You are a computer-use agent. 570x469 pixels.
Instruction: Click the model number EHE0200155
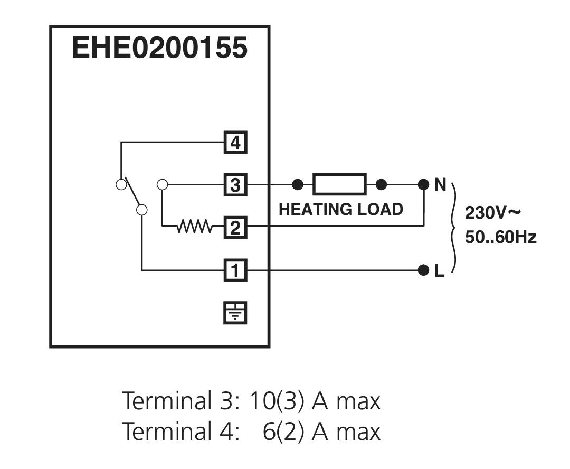pyautogui.click(x=159, y=48)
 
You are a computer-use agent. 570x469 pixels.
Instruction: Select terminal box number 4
pyautogui.click(x=235, y=142)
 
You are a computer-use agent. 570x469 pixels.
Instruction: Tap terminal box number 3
pyautogui.click(x=235, y=185)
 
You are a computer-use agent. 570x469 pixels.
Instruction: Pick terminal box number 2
pyautogui.click(x=235, y=228)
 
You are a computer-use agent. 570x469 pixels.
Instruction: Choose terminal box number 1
pyautogui.click(x=235, y=270)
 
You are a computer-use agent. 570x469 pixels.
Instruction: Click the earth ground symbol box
pyautogui.click(x=235, y=313)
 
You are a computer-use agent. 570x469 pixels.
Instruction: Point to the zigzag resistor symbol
pyautogui.click(x=194, y=226)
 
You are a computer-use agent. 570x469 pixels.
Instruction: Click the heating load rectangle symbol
pyautogui.click(x=339, y=184)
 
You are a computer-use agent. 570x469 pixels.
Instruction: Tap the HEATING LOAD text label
pyautogui.click(x=341, y=210)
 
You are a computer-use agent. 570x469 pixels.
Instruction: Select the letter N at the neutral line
pyautogui.click(x=440, y=185)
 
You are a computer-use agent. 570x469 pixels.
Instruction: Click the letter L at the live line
pyautogui.click(x=440, y=271)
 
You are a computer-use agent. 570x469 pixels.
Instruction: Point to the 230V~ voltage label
pyautogui.click(x=492, y=213)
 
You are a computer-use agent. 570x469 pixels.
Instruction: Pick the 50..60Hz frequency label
pyautogui.click(x=501, y=237)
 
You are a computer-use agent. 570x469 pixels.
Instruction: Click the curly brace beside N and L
pyautogui.click(x=453, y=228)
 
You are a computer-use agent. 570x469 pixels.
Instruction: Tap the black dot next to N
pyautogui.click(x=423, y=184)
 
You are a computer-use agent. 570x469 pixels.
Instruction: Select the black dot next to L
pyautogui.click(x=423, y=270)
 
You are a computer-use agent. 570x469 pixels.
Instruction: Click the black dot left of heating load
pyautogui.click(x=298, y=184)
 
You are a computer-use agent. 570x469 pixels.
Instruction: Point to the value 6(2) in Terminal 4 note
pyautogui.click(x=283, y=432)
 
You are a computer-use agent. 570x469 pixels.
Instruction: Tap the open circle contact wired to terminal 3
pyautogui.click(x=162, y=184)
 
